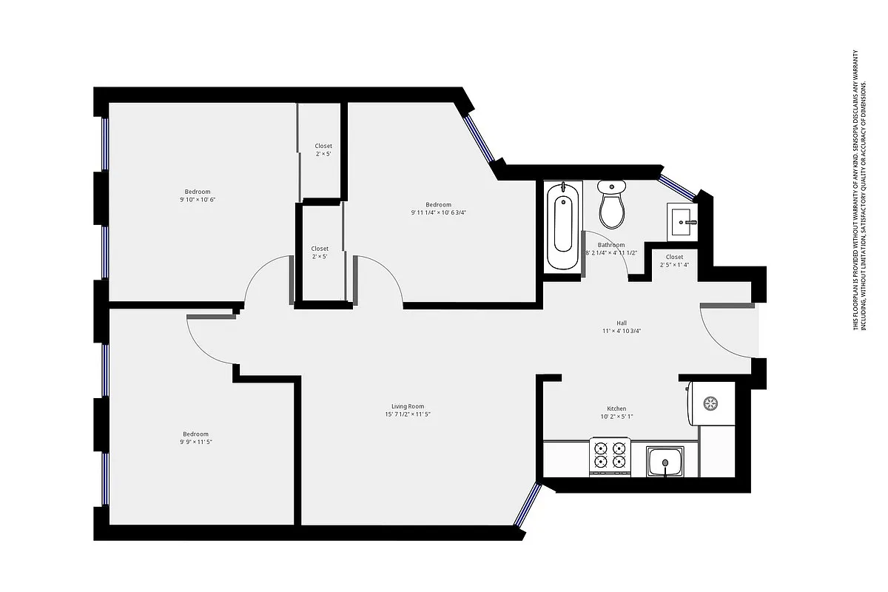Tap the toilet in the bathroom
point(612,205)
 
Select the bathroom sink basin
point(682,221)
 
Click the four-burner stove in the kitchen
point(610,455)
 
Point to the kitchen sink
point(665,462)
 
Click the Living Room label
point(408,406)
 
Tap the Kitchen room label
point(616,408)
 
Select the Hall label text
point(622,323)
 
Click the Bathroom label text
point(611,245)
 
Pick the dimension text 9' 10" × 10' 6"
point(198,200)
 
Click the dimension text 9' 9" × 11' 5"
point(196,442)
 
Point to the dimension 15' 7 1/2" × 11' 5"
point(408,415)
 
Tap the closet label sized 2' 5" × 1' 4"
point(674,264)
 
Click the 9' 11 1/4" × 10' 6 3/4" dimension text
point(439,213)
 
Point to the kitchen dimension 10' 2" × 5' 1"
point(616,417)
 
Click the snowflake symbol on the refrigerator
point(710,403)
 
